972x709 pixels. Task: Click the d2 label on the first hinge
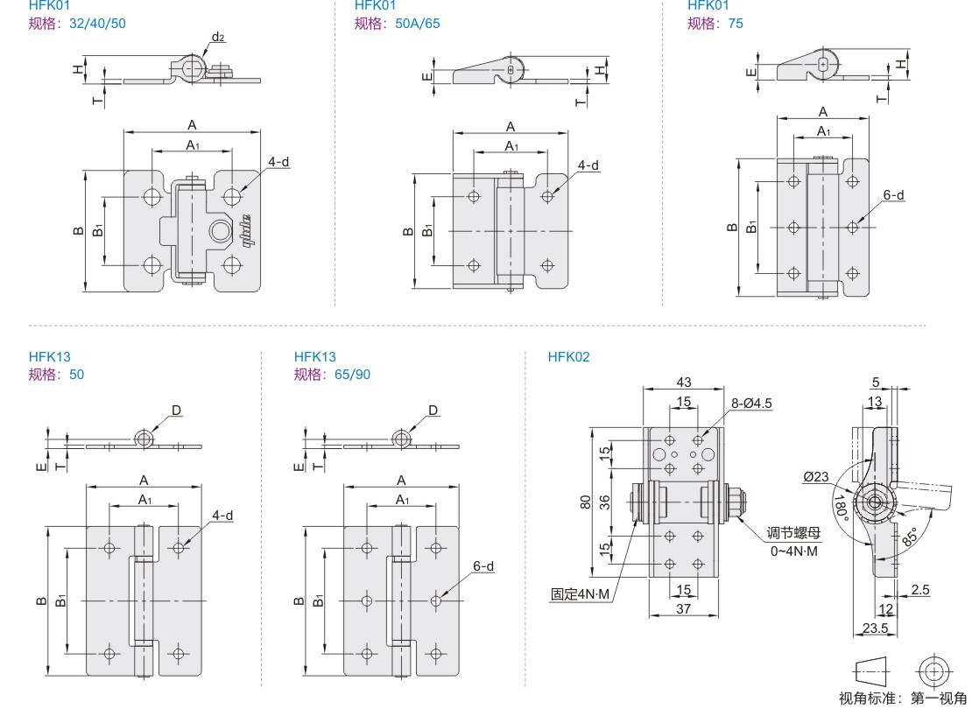pos(218,37)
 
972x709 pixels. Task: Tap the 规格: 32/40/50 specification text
pos(77,24)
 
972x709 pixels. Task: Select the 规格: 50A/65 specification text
pos(398,24)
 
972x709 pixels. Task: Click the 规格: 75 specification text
pos(715,24)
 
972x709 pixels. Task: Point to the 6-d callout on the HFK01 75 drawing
pos(893,195)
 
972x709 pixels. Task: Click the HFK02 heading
pos(568,357)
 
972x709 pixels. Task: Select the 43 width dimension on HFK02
pos(684,382)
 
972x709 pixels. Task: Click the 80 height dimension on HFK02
pos(585,502)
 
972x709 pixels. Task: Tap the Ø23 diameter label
pos(815,477)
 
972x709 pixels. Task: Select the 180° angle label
pos(842,509)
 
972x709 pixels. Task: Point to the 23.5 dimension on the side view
pos(875,628)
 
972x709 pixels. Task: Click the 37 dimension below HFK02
pos(684,608)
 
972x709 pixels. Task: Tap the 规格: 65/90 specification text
pos(333,375)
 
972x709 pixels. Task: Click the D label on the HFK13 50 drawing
pos(177,410)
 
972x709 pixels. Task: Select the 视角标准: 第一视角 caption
pos(902,698)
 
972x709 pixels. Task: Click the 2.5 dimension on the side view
pos(919,590)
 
